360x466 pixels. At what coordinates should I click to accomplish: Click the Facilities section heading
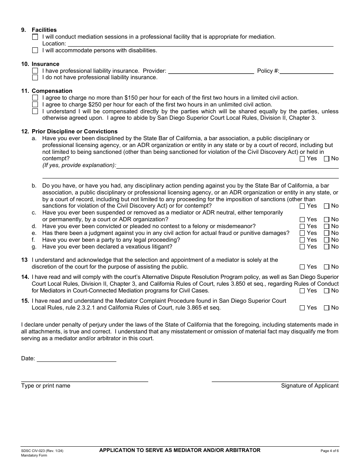[x=44, y=30]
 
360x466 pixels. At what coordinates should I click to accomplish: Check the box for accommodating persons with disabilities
[x=35, y=50]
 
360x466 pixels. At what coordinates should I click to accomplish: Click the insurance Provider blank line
[x=211, y=71]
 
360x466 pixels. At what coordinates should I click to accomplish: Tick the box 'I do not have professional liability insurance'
[x=35, y=78]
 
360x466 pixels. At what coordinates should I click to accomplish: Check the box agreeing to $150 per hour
[x=35, y=98]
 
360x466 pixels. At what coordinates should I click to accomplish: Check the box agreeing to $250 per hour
[x=35, y=105]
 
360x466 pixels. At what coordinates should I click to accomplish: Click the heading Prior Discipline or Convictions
[x=74, y=131]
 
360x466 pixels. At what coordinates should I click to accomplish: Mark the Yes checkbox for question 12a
[x=302, y=159]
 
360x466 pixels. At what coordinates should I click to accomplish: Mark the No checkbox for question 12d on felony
[x=326, y=227]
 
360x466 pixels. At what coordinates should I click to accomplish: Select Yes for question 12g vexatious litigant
[x=302, y=247]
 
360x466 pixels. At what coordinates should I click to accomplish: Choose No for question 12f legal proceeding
[x=326, y=240]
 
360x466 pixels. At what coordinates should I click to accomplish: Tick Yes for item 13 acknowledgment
[x=302, y=267]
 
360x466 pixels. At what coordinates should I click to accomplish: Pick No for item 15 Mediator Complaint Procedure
[x=326, y=308]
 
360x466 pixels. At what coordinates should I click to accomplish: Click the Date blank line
[x=76, y=358]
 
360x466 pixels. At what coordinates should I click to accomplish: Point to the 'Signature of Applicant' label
[x=310, y=386]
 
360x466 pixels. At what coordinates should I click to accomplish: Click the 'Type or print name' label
[x=45, y=386]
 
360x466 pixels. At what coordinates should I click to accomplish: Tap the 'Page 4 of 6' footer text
[x=329, y=451]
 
